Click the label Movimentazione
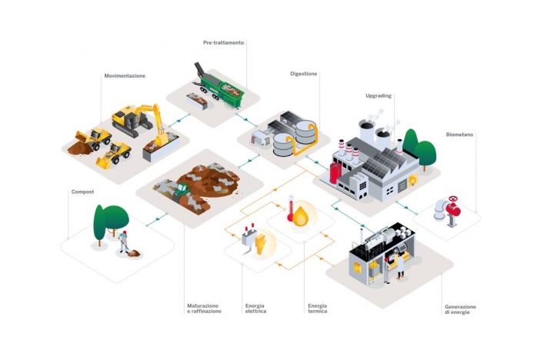125,75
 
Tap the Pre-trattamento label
224,42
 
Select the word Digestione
304,74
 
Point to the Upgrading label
378,96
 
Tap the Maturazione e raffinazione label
204,308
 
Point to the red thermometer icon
291,209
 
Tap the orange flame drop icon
301,218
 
